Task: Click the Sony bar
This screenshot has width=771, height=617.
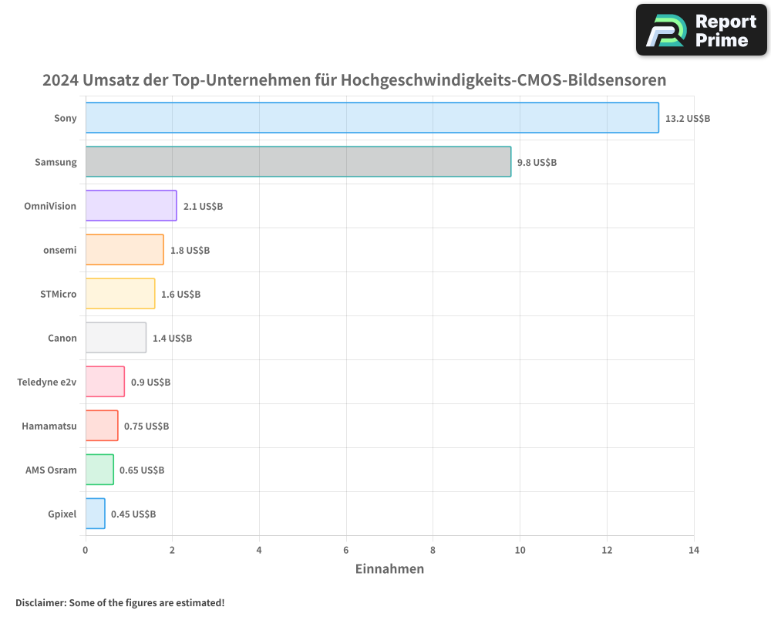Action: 372,118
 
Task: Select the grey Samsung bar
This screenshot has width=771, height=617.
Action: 298,162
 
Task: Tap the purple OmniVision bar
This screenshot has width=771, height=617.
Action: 131,206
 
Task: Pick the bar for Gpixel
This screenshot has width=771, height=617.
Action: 95,514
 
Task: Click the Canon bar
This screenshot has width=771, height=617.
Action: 116,338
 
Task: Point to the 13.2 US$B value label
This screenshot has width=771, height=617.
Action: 688,119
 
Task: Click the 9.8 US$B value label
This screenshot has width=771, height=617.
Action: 537,163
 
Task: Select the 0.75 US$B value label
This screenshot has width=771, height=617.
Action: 146,427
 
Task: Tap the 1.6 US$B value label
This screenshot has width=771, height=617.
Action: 181,295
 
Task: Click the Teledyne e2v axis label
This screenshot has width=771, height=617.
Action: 47,382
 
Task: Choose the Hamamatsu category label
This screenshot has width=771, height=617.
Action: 49,426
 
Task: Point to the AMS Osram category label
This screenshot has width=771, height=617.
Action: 51,470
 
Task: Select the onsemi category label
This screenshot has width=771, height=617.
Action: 60,250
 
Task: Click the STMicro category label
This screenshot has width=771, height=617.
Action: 59,294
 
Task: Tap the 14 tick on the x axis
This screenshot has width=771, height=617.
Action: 694,550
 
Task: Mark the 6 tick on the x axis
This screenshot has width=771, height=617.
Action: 346,550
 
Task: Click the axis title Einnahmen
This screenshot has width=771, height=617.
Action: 389,569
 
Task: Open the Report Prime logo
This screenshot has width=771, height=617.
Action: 701,30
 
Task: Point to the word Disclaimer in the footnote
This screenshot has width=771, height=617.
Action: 40,602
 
